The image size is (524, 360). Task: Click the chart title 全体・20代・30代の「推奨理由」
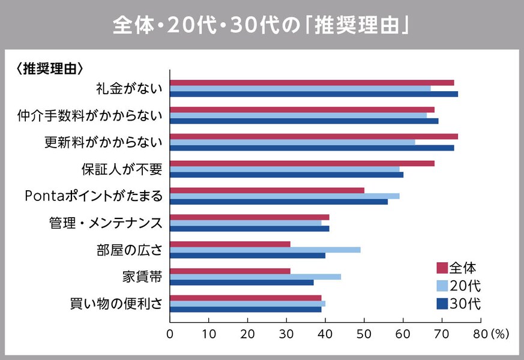pos(262,26)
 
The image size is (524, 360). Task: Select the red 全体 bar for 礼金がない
pos(312,82)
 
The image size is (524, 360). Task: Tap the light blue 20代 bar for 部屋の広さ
pos(265,250)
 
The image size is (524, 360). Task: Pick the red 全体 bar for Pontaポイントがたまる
pos(267,190)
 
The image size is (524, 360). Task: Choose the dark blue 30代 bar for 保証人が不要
pos(286,175)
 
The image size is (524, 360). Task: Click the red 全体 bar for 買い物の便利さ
pos(245,298)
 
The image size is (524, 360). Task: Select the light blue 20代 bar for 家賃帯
pos(255,277)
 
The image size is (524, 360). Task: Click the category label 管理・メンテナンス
pos(106,223)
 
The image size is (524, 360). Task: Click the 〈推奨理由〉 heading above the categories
pos(49,68)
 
